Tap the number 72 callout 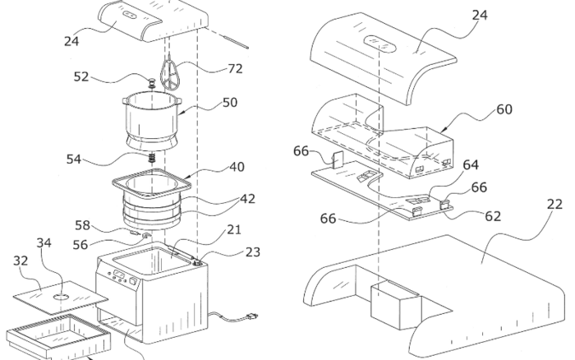[235, 69]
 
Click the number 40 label [237, 166]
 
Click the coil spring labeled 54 [151, 157]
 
